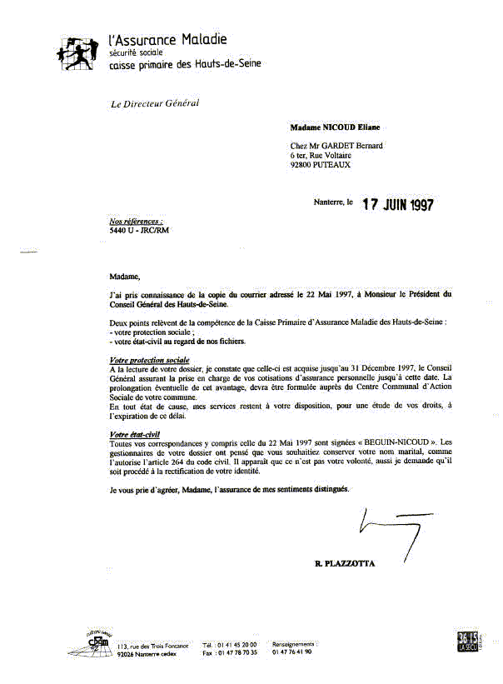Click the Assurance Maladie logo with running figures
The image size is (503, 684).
(77, 52)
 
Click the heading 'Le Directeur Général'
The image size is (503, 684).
(155, 104)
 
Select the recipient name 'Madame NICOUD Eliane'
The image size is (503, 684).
(335, 128)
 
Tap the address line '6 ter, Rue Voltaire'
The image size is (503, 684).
(321, 155)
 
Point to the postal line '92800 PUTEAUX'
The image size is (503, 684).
(321, 165)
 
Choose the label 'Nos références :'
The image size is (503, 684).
(137, 222)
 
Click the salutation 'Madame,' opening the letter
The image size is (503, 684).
(125, 276)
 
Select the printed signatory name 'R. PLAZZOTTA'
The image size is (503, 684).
(345, 564)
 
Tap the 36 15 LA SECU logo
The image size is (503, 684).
(468, 640)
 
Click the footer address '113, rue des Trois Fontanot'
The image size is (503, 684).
(154, 646)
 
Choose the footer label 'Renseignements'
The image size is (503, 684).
(293, 644)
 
